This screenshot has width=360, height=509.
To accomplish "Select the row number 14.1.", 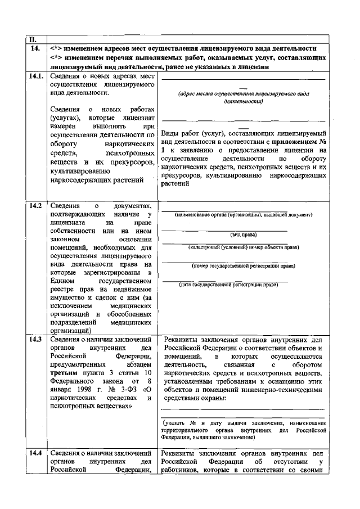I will coord(35,75).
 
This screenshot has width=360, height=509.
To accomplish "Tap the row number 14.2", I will coord(35,206).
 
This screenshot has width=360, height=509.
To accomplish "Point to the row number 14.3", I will coord(35,340).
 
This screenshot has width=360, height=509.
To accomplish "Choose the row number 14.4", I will coord(35,453).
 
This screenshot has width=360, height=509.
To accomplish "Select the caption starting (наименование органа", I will coord(243,215).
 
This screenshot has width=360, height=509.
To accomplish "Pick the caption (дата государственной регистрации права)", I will coord(229,285).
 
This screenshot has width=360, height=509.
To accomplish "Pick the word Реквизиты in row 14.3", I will coord(183,340).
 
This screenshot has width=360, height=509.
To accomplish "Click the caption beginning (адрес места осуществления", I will coord(243,95).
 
